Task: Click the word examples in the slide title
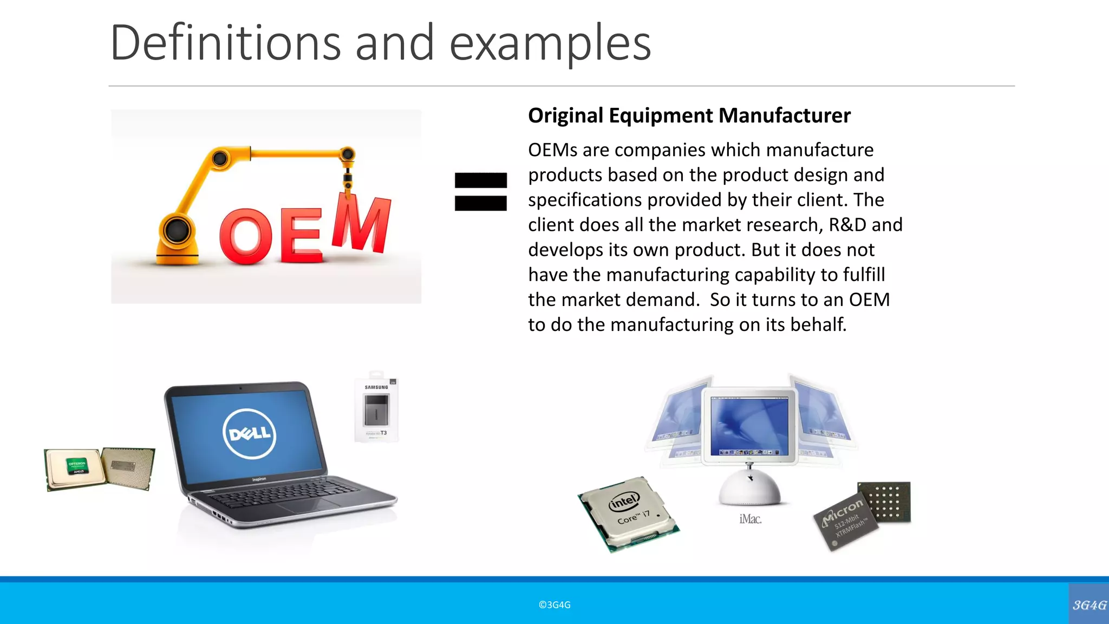[x=550, y=43]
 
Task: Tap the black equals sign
[x=480, y=191]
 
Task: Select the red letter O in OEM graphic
[x=245, y=237]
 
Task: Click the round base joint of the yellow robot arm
[x=177, y=230]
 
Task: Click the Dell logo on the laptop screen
[x=249, y=433]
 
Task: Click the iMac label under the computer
[x=750, y=519]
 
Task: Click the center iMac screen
[x=749, y=425]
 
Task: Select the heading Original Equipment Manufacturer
[x=689, y=115]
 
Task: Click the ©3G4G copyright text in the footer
[x=554, y=605]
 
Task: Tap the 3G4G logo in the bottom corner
[x=1089, y=604]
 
